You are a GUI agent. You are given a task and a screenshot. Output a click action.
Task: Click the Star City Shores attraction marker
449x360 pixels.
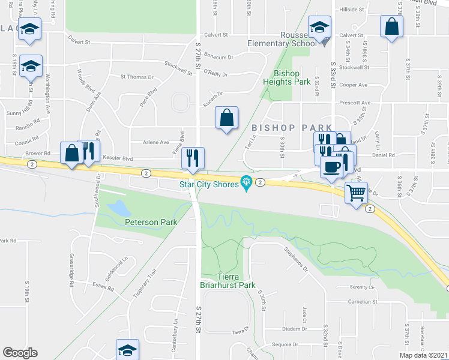[x=246, y=182]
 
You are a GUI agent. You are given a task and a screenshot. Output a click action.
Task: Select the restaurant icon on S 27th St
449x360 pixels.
[x=193, y=158]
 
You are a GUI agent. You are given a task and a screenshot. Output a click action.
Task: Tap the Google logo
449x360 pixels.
[x=20, y=353]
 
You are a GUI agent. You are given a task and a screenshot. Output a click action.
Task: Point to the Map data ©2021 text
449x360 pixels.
[x=423, y=355]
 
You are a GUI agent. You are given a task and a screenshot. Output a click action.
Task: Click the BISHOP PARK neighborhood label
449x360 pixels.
[x=292, y=128]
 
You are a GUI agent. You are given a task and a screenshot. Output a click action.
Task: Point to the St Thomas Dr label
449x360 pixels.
[x=137, y=77]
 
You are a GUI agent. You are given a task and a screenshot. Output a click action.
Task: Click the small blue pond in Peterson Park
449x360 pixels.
[x=119, y=209]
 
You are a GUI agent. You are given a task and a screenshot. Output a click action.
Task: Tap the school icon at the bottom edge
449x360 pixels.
[x=127, y=350]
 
